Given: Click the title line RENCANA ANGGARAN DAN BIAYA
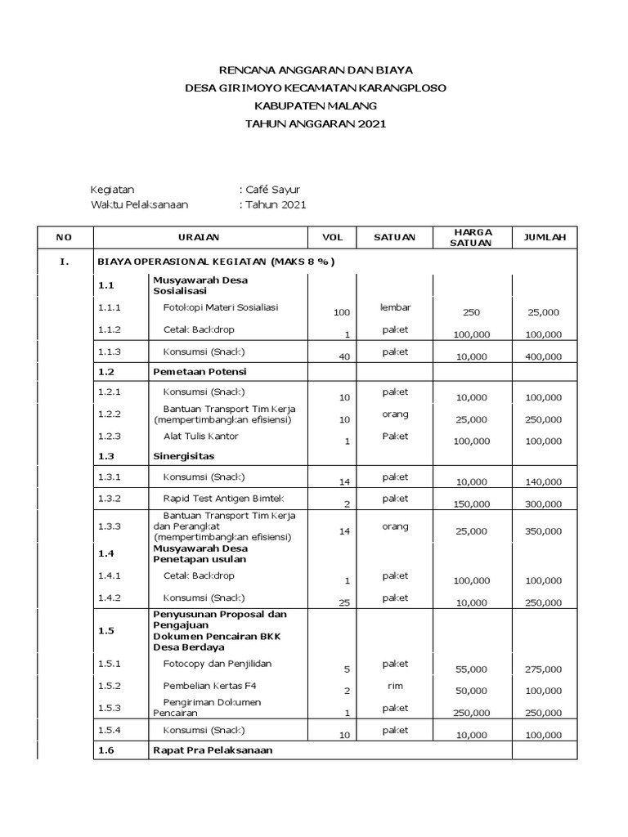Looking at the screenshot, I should [x=316, y=70].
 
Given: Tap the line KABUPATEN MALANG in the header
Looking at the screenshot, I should [x=316, y=105].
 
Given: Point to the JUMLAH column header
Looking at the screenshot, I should [x=544, y=237].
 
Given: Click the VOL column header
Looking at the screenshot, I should [x=332, y=237].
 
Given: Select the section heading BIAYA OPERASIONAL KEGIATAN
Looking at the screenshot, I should [x=216, y=262].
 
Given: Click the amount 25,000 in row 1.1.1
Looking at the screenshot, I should [x=544, y=312].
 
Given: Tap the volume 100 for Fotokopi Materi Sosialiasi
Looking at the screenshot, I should [x=341, y=312].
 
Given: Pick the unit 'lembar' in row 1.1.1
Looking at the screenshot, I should [x=395, y=307].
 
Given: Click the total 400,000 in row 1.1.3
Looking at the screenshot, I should [x=544, y=356].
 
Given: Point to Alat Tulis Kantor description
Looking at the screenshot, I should [x=200, y=436].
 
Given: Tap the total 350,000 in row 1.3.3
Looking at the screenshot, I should [x=544, y=531].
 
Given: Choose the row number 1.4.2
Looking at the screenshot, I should [x=110, y=598].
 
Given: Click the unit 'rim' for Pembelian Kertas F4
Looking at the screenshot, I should [x=395, y=686].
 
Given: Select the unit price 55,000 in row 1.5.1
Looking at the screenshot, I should [x=472, y=669].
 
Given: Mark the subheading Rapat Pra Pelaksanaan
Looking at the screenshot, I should [x=213, y=750].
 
